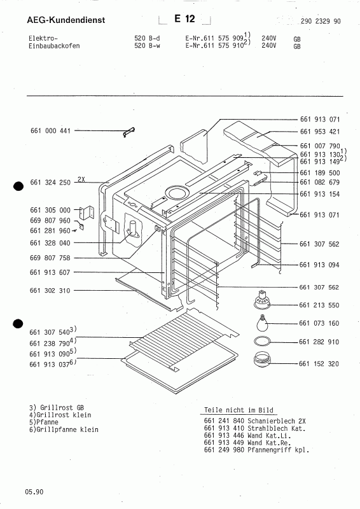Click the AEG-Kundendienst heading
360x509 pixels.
click(x=66, y=20)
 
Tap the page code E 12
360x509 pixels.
click(x=184, y=19)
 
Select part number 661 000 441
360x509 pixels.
click(x=50, y=131)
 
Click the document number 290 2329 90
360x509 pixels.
click(x=321, y=21)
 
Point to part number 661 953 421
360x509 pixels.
click(x=320, y=132)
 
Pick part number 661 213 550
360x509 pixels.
click(x=319, y=305)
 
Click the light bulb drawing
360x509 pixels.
click(x=262, y=323)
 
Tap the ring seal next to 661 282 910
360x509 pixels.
click(x=262, y=341)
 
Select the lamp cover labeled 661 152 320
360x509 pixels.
click(x=261, y=359)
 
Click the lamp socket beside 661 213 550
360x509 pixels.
click(x=261, y=300)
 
